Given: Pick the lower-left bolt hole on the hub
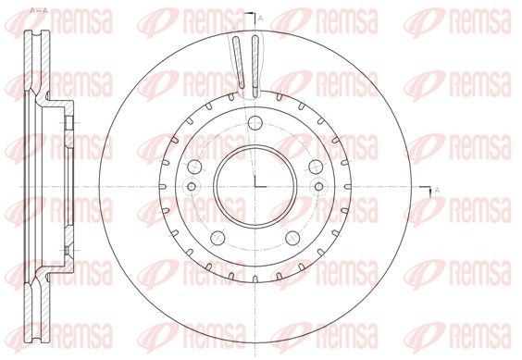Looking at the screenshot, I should tap(216, 235).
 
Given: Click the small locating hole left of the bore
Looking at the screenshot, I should tap(192, 187).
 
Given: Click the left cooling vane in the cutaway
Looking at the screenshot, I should tap(237, 65).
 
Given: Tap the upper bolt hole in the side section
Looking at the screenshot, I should tap(67, 121).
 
